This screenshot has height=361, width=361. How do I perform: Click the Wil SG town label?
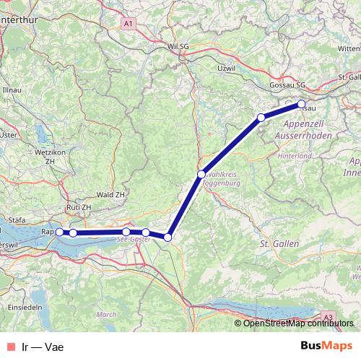coord(178,46)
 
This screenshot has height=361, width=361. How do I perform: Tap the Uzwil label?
coord(226,68)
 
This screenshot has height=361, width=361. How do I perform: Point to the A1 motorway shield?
coord(129,24)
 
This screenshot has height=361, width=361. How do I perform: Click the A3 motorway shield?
coord(329,316)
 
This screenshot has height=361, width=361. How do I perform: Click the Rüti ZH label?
coord(79,207)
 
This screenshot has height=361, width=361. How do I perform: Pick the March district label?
coord(106,314)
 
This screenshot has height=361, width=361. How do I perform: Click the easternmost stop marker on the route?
coord(301,103)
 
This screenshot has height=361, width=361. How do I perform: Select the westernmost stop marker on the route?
coord(59,232)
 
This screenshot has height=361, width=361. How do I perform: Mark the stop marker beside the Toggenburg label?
coord(201,174)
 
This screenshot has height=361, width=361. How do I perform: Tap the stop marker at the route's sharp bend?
coord(168,237)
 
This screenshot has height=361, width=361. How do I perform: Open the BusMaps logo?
coord(326,346)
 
